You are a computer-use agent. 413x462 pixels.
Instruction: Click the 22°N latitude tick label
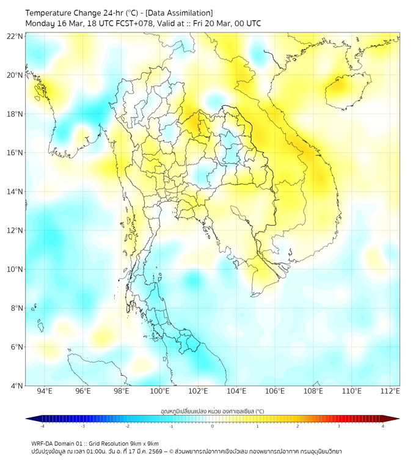pyautogui.click(x=15, y=36)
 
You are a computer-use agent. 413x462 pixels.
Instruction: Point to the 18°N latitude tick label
pyautogui.click(x=15, y=114)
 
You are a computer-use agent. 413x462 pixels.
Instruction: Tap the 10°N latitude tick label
pyautogui.click(x=15, y=269)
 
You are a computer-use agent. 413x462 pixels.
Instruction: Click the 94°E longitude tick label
pyautogui.click(x=45, y=391)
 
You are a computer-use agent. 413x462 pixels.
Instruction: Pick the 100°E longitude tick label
pyautogui.click(x=159, y=391)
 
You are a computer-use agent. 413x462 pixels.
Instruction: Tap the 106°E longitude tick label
pyautogui.click(x=275, y=391)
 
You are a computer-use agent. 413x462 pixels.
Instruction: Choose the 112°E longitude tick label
pyautogui.click(x=390, y=391)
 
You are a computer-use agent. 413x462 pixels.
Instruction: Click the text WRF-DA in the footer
pyautogui.click(x=43, y=443)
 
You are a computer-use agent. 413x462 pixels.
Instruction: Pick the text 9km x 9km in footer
pyautogui.click(x=145, y=443)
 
